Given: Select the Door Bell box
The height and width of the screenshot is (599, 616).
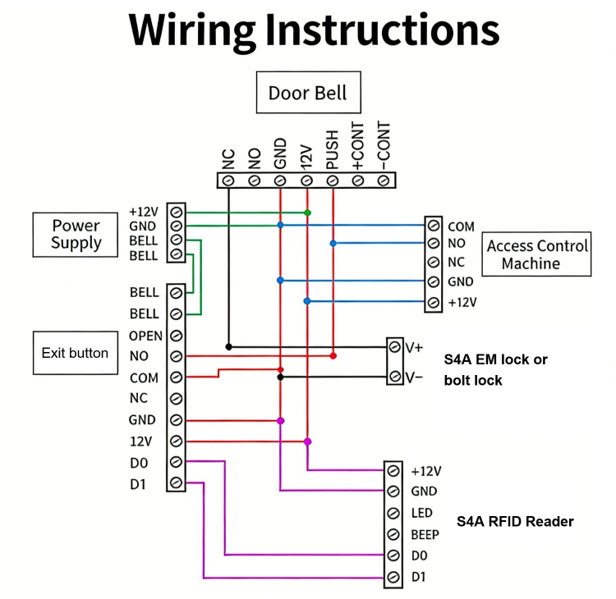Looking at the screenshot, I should (307, 93).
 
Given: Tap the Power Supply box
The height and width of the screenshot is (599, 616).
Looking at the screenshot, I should (76, 234).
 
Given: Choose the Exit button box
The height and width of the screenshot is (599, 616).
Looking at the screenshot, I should (75, 353).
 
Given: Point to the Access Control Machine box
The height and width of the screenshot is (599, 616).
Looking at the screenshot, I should (536, 254).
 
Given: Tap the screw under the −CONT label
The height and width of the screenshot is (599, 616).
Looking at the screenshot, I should (384, 180).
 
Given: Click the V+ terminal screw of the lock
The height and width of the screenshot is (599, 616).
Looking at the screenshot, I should (395, 347).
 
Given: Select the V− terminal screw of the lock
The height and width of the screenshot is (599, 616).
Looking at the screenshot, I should (395, 377).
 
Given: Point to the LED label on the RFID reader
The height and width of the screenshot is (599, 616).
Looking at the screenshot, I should (421, 513).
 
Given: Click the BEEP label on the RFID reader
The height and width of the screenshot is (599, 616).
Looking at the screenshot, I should (425, 535).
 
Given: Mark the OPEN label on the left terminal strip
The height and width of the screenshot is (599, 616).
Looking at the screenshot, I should (145, 336).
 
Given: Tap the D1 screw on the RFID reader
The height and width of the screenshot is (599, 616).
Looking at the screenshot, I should (394, 578).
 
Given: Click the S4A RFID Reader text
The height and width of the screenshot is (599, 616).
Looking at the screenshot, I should (515, 522).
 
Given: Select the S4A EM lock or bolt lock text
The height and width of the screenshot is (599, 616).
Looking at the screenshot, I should (495, 369).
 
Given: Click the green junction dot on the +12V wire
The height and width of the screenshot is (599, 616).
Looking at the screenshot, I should (307, 213).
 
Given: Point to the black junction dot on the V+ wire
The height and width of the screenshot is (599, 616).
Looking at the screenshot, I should (228, 346).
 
